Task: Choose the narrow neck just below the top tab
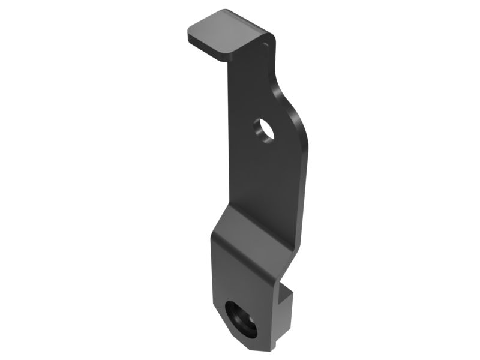coord(252,66)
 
